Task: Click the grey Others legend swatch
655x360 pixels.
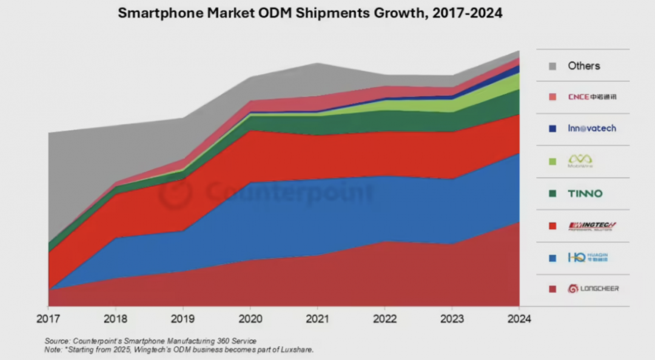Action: [552, 66]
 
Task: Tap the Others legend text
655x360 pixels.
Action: [583, 66]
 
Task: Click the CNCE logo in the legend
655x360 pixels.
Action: [592, 97]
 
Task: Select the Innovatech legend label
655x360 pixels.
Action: [592, 128]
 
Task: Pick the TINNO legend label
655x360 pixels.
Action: [585, 194]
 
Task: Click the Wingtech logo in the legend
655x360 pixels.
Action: [592, 226]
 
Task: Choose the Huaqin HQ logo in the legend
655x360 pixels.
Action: [587, 258]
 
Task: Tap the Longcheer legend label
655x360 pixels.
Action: [593, 288]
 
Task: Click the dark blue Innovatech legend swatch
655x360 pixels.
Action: [552, 128]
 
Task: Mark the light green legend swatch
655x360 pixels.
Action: [552, 161]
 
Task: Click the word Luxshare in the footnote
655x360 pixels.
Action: [297, 350]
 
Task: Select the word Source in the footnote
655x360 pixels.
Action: [57, 341]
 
